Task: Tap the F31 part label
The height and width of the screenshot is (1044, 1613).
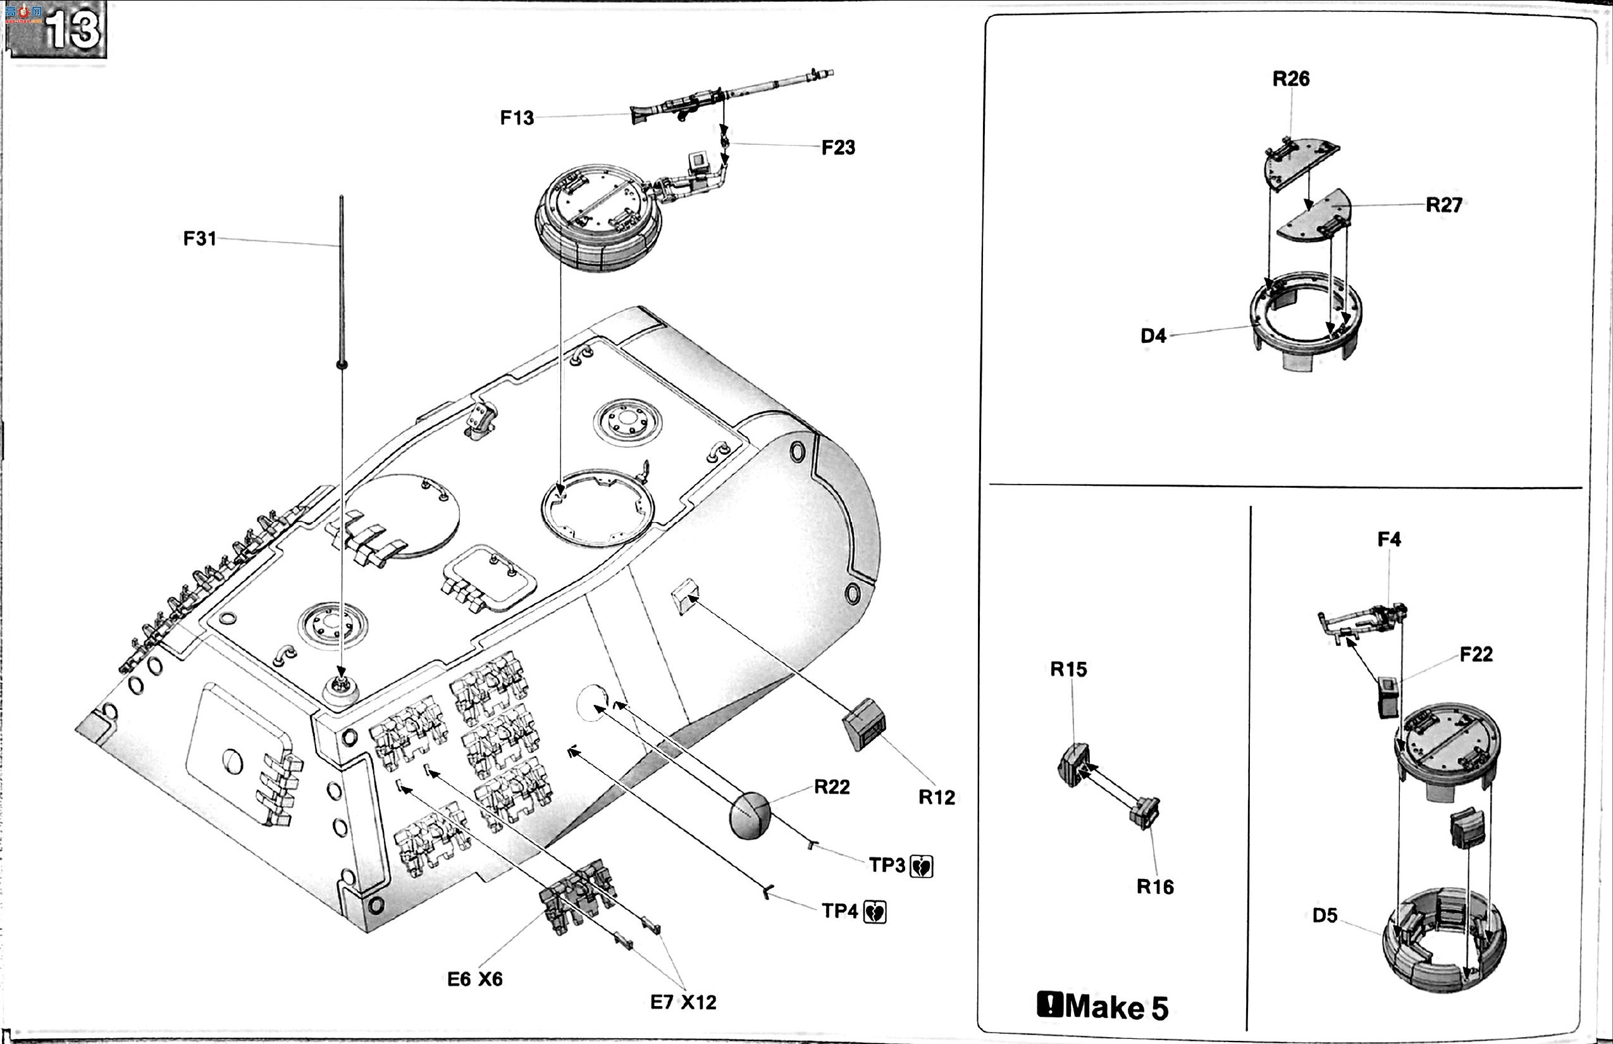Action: (x=200, y=239)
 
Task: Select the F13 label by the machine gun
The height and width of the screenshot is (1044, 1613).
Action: (x=517, y=118)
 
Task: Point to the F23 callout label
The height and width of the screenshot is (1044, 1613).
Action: (x=838, y=148)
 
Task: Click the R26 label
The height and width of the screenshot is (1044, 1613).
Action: (x=1290, y=78)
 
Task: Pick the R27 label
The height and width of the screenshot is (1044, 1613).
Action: (x=1443, y=205)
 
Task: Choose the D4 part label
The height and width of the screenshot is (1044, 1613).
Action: (x=1154, y=335)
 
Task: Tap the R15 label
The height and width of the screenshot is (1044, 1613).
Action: (x=1068, y=669)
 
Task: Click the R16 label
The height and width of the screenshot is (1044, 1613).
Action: (x=1155, y=886)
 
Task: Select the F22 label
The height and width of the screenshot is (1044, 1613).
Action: (x=1476, y=654)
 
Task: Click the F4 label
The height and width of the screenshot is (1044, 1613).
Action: (x=1388, y=539)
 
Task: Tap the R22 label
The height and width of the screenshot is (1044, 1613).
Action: (x=832, y=786)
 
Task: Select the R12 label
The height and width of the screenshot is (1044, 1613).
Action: (x=937, y=797)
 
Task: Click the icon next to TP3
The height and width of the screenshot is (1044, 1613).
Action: (x=922, y=866)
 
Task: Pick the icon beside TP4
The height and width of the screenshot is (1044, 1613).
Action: (x=875, y=912)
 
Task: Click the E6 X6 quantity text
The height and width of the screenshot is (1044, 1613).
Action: (x=474, y=979)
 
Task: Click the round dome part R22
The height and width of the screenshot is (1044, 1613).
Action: (x=750, y=815)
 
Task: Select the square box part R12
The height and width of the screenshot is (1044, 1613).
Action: (x=864, y=724)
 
